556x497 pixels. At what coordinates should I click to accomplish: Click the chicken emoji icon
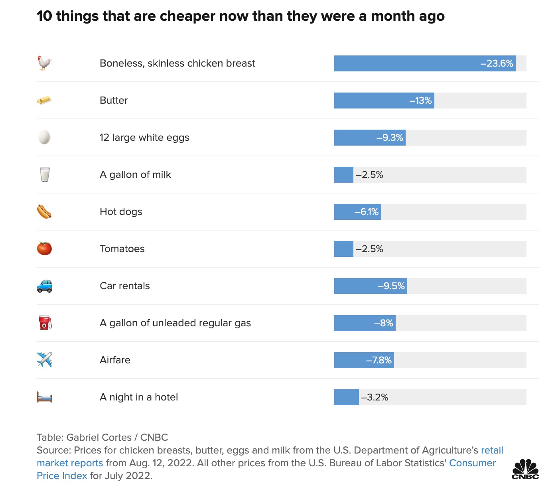click(45, 63)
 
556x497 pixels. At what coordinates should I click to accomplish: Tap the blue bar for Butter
click(384, 101)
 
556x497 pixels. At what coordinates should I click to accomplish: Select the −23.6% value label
click(497, 63)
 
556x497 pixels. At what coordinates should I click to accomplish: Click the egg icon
click(44, 137)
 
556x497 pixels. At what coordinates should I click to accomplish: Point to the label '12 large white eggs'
click(144, 138)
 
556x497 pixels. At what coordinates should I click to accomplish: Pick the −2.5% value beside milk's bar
click(369, 175)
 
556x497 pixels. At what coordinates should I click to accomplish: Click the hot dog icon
click(44, 211)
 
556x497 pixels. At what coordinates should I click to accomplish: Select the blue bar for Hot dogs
click(357, 212)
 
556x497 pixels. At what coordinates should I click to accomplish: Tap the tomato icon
click(44, 248)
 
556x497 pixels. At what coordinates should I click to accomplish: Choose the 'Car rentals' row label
click(125, 286)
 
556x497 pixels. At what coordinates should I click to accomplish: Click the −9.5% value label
click(391, 286)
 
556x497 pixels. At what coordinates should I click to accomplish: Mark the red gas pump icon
click(45, 323)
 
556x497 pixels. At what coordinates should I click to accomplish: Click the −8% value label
click(384, 323)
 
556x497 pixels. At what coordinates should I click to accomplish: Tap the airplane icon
click(44, 360)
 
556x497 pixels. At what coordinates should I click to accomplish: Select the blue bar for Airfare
click(364, 360)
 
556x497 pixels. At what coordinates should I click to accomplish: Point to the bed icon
click(44, 397)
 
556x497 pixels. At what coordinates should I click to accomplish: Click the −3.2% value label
click(375, 397)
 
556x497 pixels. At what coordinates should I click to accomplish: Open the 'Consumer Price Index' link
click(472, 463)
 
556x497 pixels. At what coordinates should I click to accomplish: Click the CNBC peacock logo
click(525, 469)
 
